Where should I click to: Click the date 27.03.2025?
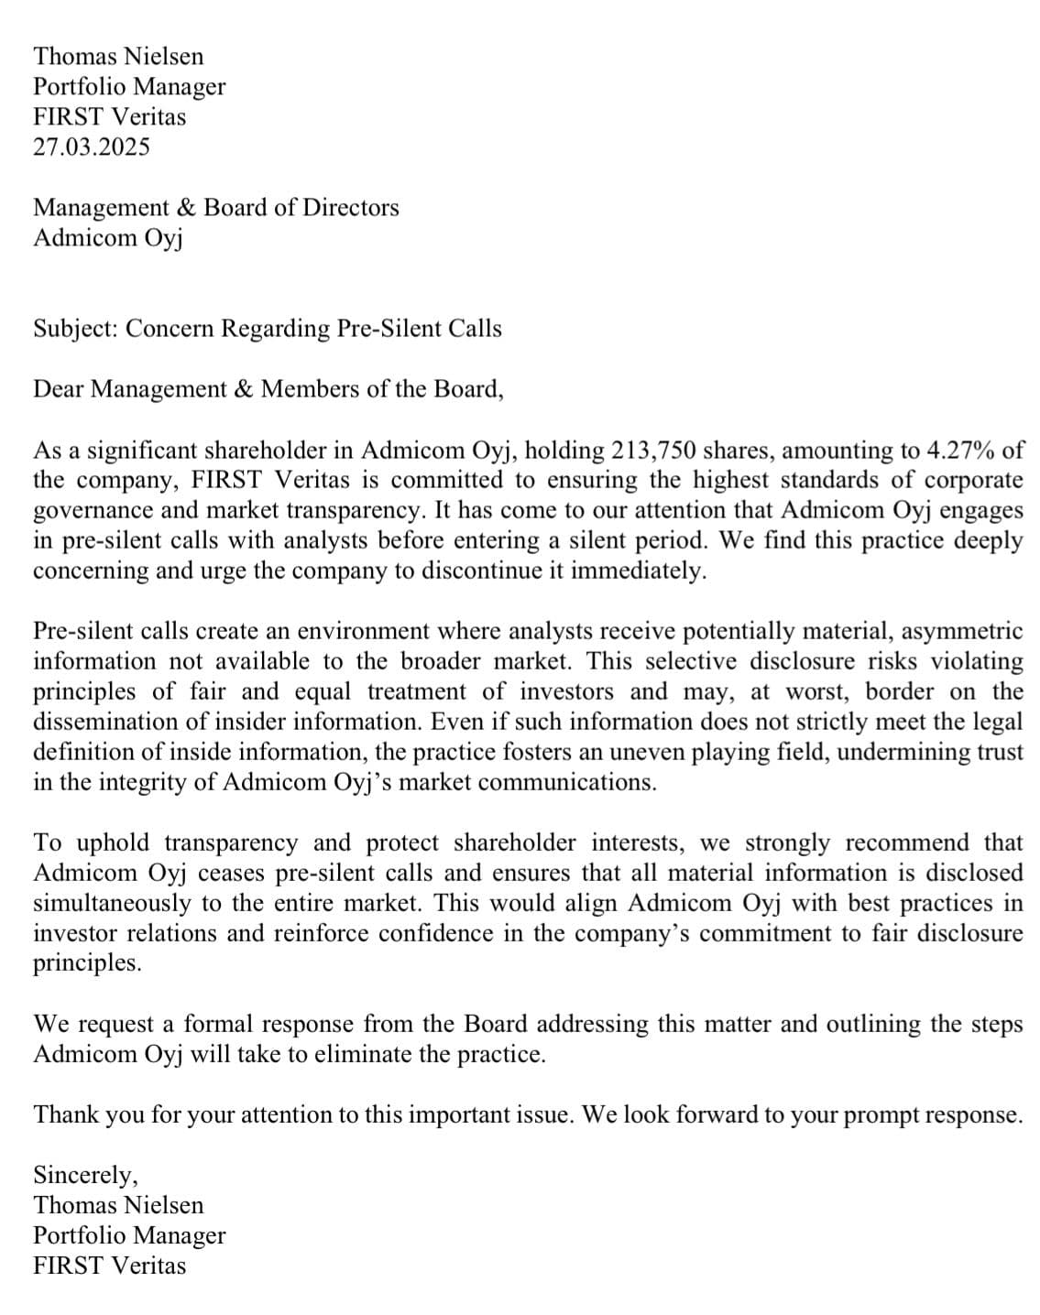tap(92, 147)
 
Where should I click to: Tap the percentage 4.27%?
tap(964, 451)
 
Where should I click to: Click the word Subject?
tap(75, 329)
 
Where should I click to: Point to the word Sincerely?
tap(85, 1175)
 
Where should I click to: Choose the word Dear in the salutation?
tap(59, 389)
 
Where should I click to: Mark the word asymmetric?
tap(965, 632)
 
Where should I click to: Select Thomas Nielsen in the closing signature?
tap(118, 1205)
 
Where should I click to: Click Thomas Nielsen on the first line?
tap(118, 57)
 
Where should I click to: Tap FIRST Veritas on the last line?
tap(109, 1266)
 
